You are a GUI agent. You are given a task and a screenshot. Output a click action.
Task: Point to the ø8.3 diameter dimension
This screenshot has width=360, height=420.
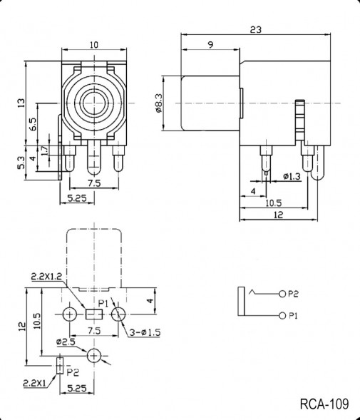point(158,103)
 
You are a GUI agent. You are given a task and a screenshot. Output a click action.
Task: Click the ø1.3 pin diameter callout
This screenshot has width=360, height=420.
point(291,176)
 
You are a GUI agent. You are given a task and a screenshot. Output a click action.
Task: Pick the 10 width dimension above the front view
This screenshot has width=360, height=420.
point(93,45)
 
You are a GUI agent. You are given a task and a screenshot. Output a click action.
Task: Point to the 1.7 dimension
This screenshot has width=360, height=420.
point(44,150)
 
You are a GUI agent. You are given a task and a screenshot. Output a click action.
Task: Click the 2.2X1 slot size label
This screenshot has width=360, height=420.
point(35,384)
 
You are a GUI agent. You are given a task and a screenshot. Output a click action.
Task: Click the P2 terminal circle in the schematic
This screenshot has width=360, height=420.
point(283,293)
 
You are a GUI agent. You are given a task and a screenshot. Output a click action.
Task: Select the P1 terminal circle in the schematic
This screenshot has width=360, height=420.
point(283,316)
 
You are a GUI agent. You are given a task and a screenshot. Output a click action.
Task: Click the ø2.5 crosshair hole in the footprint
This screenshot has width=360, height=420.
point(94,354)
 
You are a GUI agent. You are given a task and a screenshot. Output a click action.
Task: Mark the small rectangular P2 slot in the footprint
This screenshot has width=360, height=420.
point(59,365)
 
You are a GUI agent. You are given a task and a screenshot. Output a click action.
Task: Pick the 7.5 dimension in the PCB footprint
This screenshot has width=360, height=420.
point(93,331)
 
